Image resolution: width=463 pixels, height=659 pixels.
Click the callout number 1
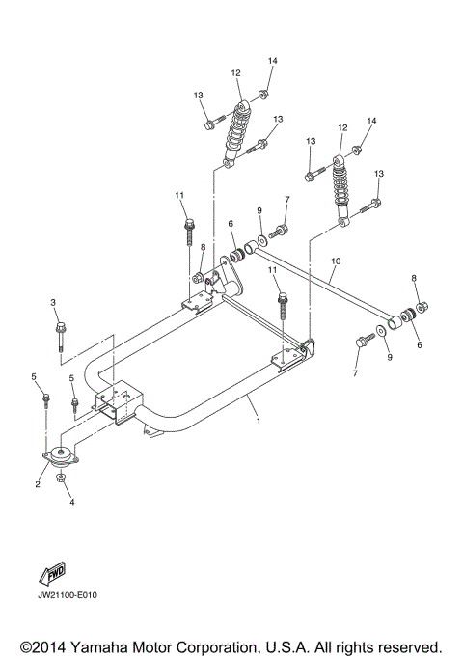coord(259,421)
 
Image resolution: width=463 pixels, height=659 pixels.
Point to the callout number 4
coord(68,501)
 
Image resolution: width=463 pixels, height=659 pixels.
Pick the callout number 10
coord(336,261)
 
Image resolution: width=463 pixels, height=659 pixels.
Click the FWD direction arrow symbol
coord(52,575)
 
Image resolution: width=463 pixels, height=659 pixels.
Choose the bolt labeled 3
coord(60,334)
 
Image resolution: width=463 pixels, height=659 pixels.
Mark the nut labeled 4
coord(60,480)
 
